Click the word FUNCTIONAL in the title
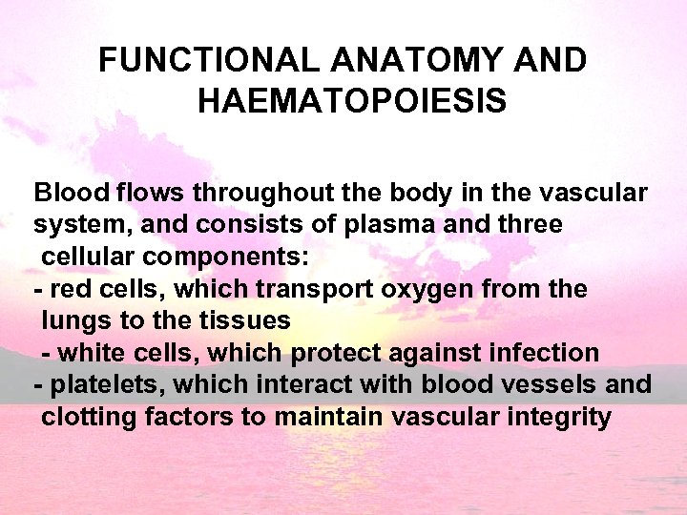pos(211,61)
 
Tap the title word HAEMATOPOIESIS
pos(352,100)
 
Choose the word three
pos(528,225)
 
